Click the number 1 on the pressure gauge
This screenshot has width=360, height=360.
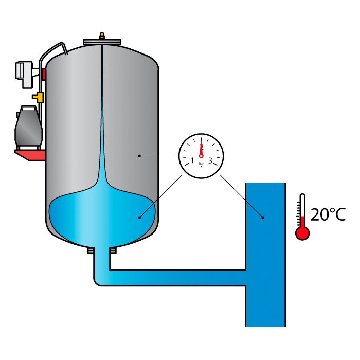tap(192, 161)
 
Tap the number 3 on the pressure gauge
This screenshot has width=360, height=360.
tap(210, 160)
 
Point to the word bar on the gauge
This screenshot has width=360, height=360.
tap(201, 163)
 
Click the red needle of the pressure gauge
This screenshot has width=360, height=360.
tap(201, 149)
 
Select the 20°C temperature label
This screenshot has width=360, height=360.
tap(328, 214)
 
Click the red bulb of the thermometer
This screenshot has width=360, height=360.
tap(302, 233)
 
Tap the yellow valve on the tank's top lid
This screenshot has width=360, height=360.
tap(102, 36)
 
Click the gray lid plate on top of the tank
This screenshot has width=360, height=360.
tap(102, 42)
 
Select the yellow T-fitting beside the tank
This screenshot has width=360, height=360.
tap(38, 96)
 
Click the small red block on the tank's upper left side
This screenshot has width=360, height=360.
tap(44, 75)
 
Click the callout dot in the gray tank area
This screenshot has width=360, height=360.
tap(139, 155)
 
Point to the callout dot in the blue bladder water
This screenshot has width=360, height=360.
tap(139, 218)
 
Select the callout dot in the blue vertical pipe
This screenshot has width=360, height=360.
tap(262, 217)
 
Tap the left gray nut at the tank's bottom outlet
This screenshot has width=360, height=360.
tap(91, 250)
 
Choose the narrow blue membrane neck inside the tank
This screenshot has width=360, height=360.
tap(102, 129)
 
